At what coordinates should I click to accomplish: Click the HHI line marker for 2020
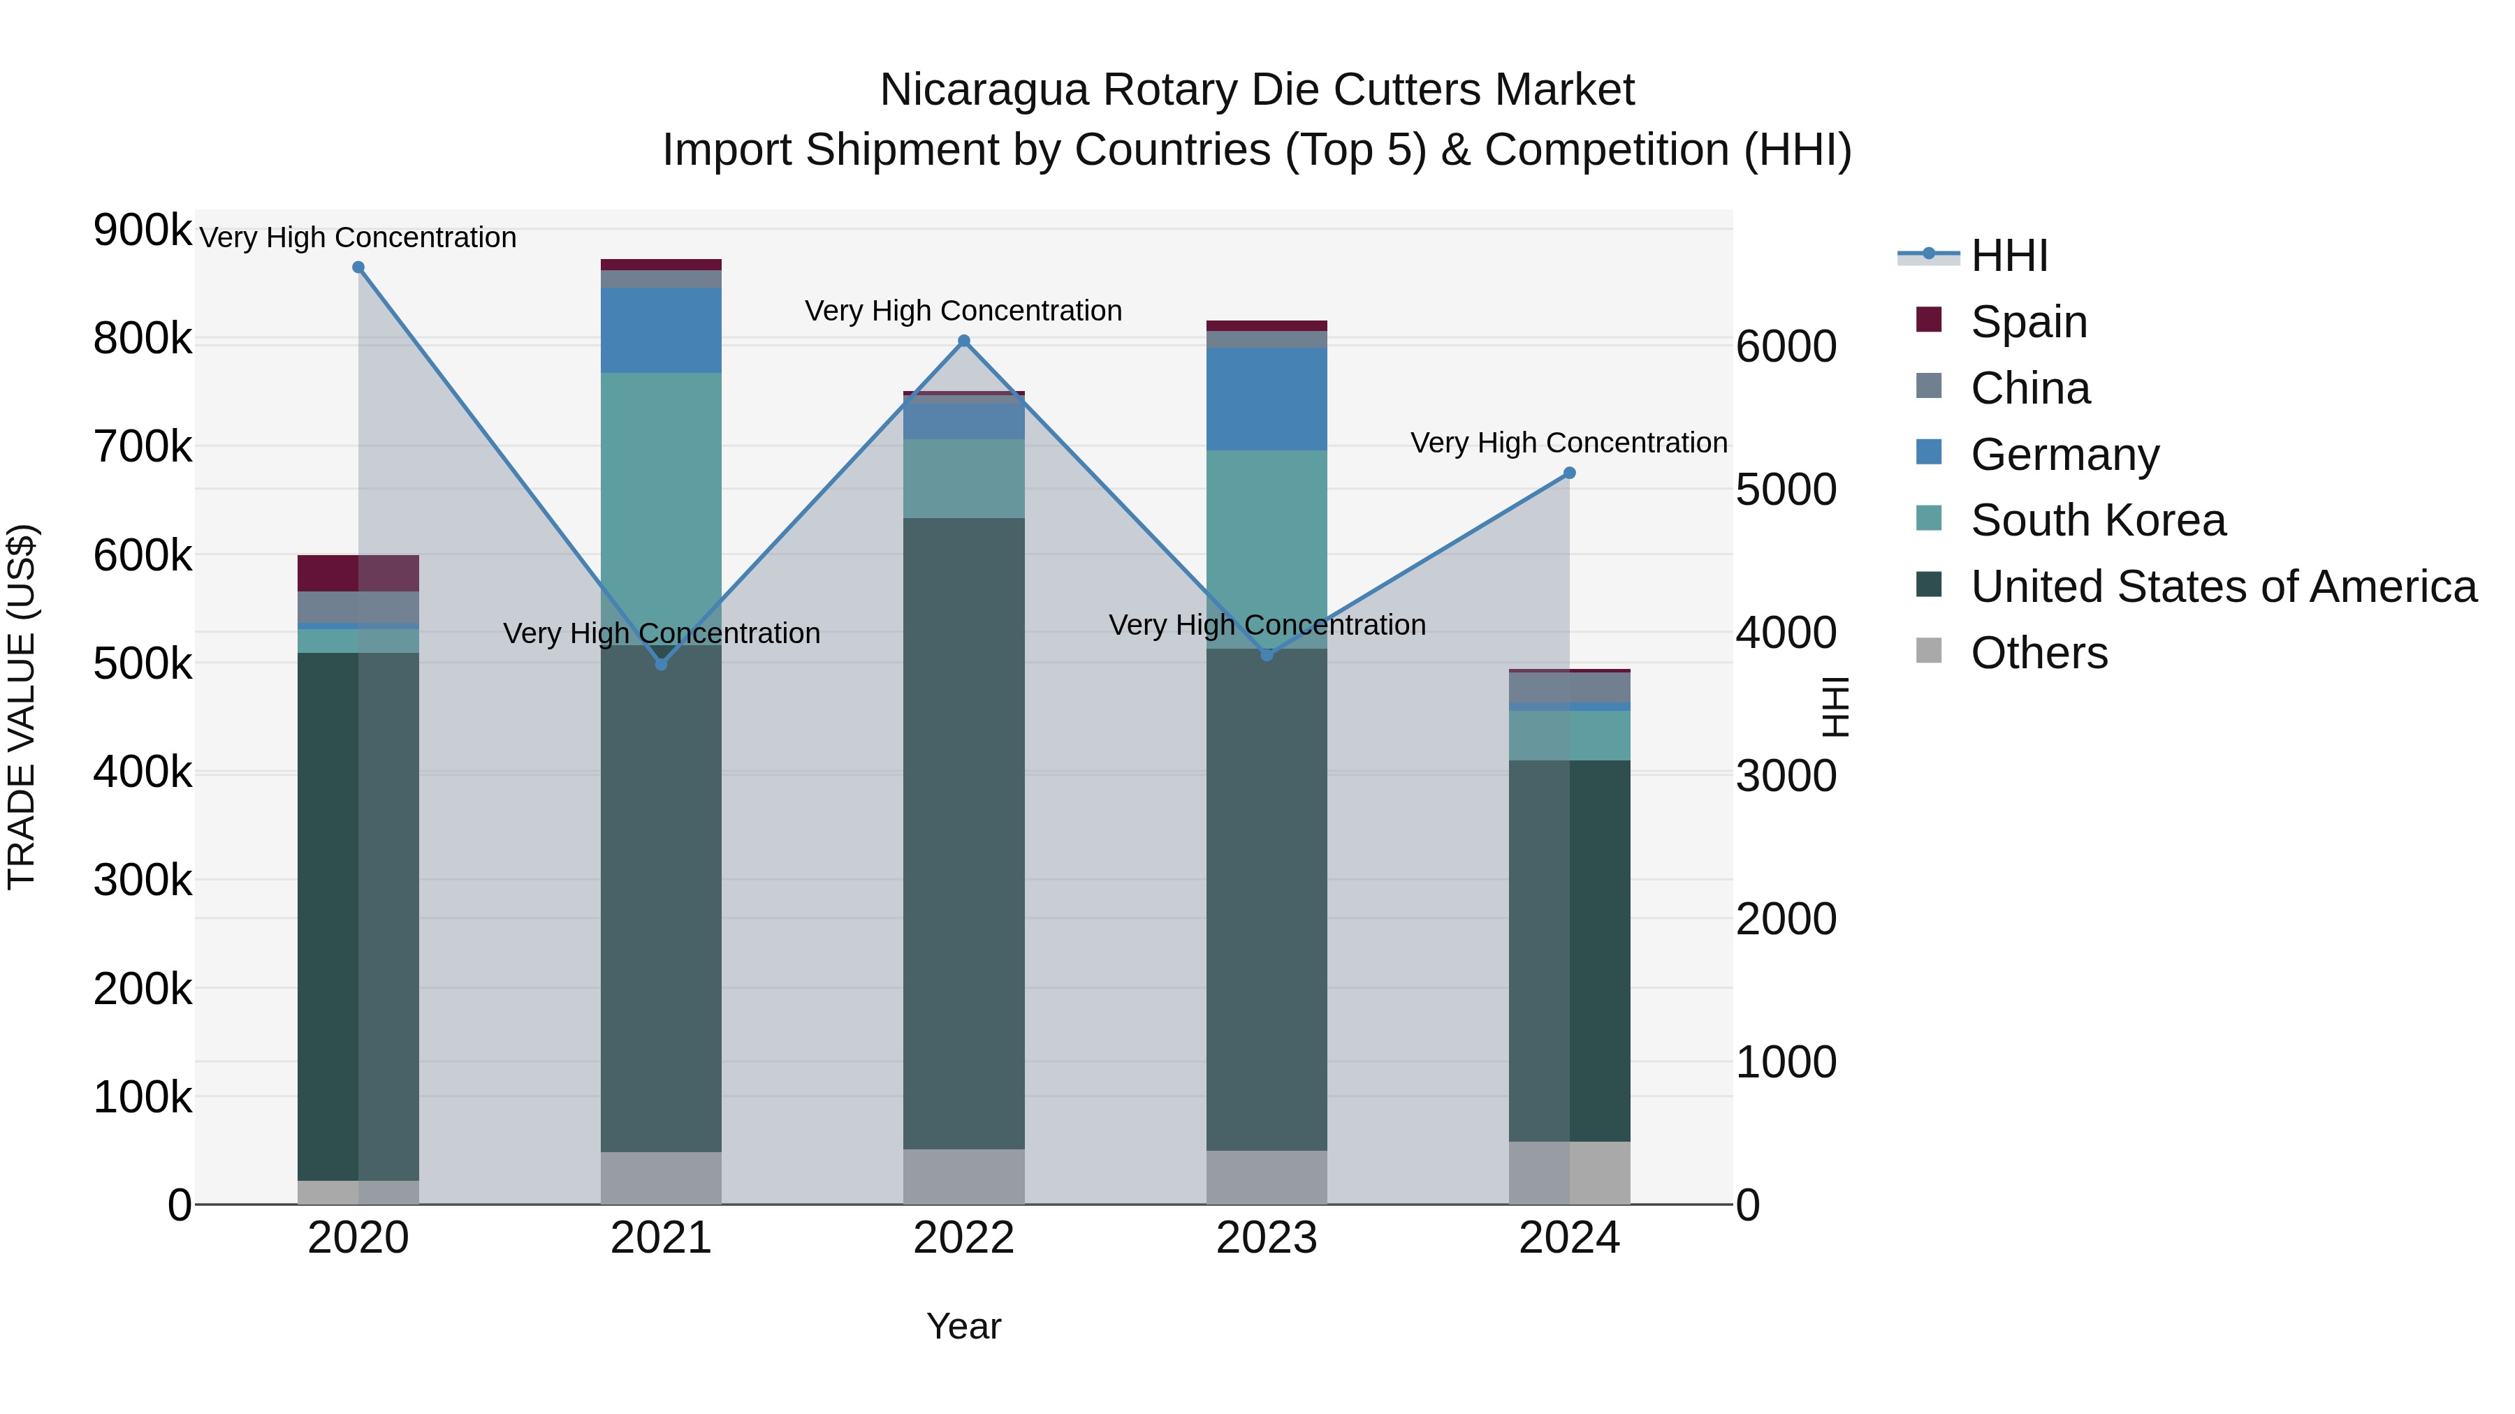pyautogui.click(x=358, y=267)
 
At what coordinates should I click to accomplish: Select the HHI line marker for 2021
pyautogui.click(x=661, y=663)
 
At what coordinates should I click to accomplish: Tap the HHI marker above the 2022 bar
pyautogui.click(x=963, y=341)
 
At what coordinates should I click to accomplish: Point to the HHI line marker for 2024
pyautogui.click(x=1569, y=473)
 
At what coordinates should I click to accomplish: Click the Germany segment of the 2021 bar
pyautogui.click(x=661, y=330)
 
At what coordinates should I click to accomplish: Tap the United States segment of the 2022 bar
pyautogui.click(x=963, y=832)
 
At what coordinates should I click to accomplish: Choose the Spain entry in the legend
pyautogui.click(x=2028, y=322)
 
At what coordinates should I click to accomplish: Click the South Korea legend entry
pyautogui.click(x=2097, y=520)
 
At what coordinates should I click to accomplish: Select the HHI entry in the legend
pyautogui.click(x=2009, y=256)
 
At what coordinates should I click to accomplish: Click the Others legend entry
pyautogui.click(x=2039, y=653)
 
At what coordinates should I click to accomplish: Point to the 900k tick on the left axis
pyautogui.click(x=143, y=230)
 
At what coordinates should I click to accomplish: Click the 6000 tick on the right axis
pyautogui.click(x=1786, y=346)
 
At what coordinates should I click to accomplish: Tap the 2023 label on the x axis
pyautogui.click(x=1267, y=1238)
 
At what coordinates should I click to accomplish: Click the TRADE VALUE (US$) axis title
pyautogui.click(x=22, y=707)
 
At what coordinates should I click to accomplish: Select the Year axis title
pyautogui.click(x=963, y=1326)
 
